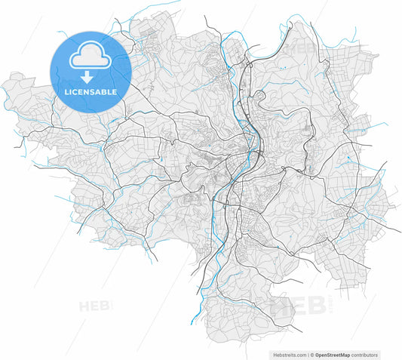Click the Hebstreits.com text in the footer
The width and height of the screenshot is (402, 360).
[287, 354]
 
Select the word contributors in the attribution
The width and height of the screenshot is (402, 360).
[366, 354]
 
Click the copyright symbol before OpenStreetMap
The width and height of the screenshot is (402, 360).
[312, 354]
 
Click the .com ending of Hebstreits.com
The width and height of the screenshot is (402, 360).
[299, 354]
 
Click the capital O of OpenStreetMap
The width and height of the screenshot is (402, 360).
[318, 354]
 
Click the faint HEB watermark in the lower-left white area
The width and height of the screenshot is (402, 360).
[94, 306]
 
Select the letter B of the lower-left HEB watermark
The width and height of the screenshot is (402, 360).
[106, 306]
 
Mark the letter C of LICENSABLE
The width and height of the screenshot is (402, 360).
[77, 91]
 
